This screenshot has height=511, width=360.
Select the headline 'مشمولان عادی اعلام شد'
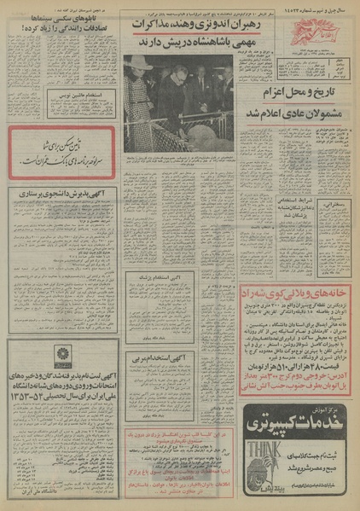click(x=294, y=113)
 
